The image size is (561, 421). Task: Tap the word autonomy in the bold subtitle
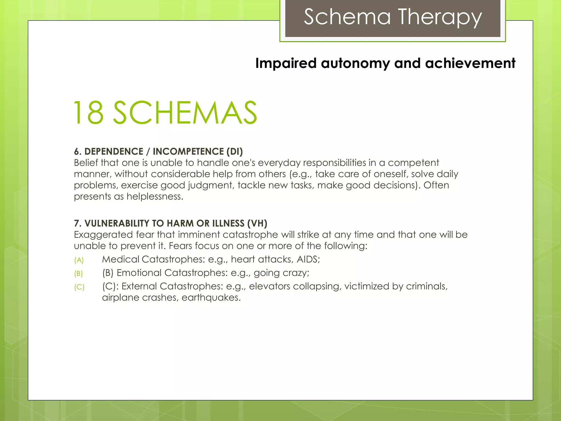click(355, 63)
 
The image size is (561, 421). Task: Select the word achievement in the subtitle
click(470, 63)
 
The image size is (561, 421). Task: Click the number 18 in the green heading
click(89, 113)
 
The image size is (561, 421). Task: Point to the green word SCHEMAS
click(185, 113)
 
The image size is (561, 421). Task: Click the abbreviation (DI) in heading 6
click(234, 152)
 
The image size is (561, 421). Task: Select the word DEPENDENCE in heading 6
click(114, 152)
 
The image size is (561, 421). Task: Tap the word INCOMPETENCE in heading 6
click(188, 152)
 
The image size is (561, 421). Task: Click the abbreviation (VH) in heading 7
click(257, 223)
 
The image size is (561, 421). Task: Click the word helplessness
click(154, 197)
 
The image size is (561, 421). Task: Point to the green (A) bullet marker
click(79, 260)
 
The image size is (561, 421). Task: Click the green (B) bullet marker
click(79, 274)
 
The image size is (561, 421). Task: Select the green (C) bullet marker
click(79, 287)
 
